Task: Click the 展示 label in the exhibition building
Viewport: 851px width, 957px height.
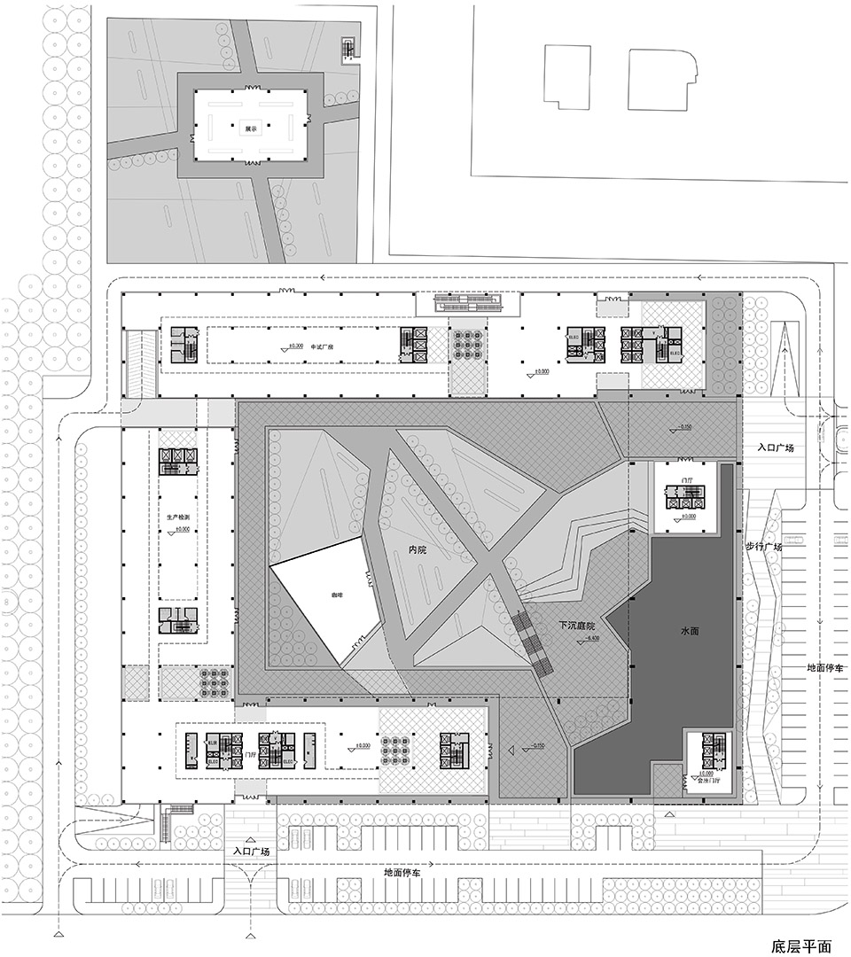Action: point(251,128)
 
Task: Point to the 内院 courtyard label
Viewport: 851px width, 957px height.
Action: point(418,550)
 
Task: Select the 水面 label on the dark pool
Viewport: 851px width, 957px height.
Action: point(691,630)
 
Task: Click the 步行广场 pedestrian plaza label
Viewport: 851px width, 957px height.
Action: point(763,547)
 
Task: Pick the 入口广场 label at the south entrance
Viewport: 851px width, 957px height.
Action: point(249,851)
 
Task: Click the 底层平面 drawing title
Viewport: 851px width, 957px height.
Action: point(800,945)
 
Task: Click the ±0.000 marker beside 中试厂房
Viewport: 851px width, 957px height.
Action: point(292,346)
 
